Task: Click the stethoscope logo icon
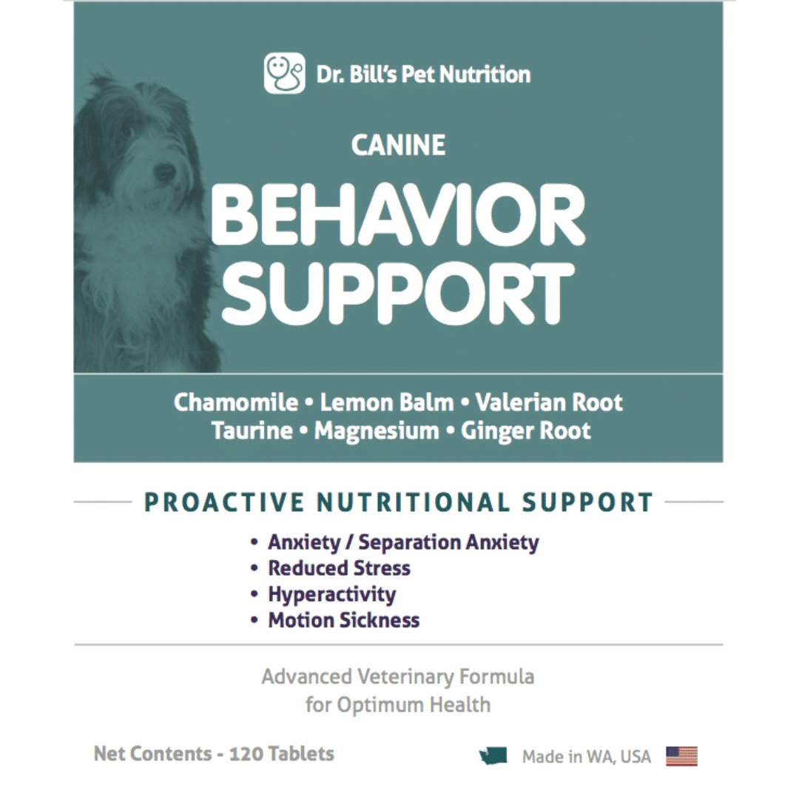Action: (284, 73)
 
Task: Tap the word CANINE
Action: (398, 145)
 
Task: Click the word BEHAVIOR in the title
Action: (397, 215)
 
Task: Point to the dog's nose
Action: (164, 173)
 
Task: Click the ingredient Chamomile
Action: (236, 402)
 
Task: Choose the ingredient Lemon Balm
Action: (387, 402)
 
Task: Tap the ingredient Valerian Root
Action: (549, 402)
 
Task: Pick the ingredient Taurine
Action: (252, 431)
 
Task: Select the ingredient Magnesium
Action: (377, 431)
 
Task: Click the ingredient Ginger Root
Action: (525, 431)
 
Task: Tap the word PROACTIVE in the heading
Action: (224, 502)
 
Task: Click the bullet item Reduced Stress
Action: (339, 568)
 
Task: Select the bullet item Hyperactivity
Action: (331, 595)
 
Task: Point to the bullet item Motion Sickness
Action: (344, 620)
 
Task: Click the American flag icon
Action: (681, 756)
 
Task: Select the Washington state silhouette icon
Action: (493, 756)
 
